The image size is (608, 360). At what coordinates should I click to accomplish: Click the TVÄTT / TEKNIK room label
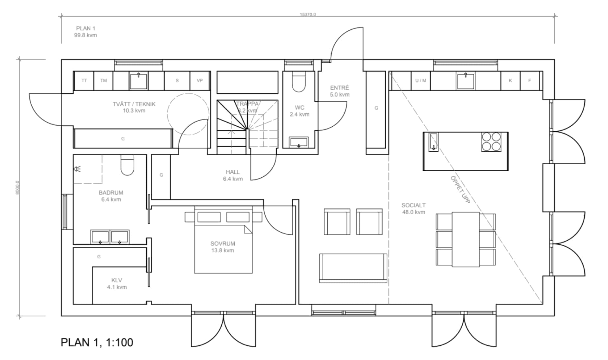pos(134,104)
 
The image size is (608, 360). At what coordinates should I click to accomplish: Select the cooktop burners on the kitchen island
pos(491,142)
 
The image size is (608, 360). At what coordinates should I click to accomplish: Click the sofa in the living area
pos(353,268)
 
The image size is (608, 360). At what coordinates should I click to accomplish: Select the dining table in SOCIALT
pos(466,239)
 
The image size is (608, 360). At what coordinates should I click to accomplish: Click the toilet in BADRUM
pos(127,165)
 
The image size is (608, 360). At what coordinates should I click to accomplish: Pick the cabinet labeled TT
pos(84,81)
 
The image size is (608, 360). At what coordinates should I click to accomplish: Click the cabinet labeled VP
pos(200,81)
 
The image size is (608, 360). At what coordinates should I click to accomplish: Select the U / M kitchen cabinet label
pos(421,81)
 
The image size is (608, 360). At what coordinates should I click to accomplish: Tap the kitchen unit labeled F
pos(529,81)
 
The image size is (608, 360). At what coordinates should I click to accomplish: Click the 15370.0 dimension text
pos(308,15)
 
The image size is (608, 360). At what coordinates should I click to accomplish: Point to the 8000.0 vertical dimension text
pos(18,187)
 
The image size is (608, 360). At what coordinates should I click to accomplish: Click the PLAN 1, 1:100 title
pos(97,343)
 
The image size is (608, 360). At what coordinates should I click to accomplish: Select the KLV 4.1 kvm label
pos(117,284)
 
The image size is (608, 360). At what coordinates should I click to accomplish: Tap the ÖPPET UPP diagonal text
pos(460,190)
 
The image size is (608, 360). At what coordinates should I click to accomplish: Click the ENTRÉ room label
pos(339,88)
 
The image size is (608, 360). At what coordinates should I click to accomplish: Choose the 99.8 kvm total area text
pos(85,35)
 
